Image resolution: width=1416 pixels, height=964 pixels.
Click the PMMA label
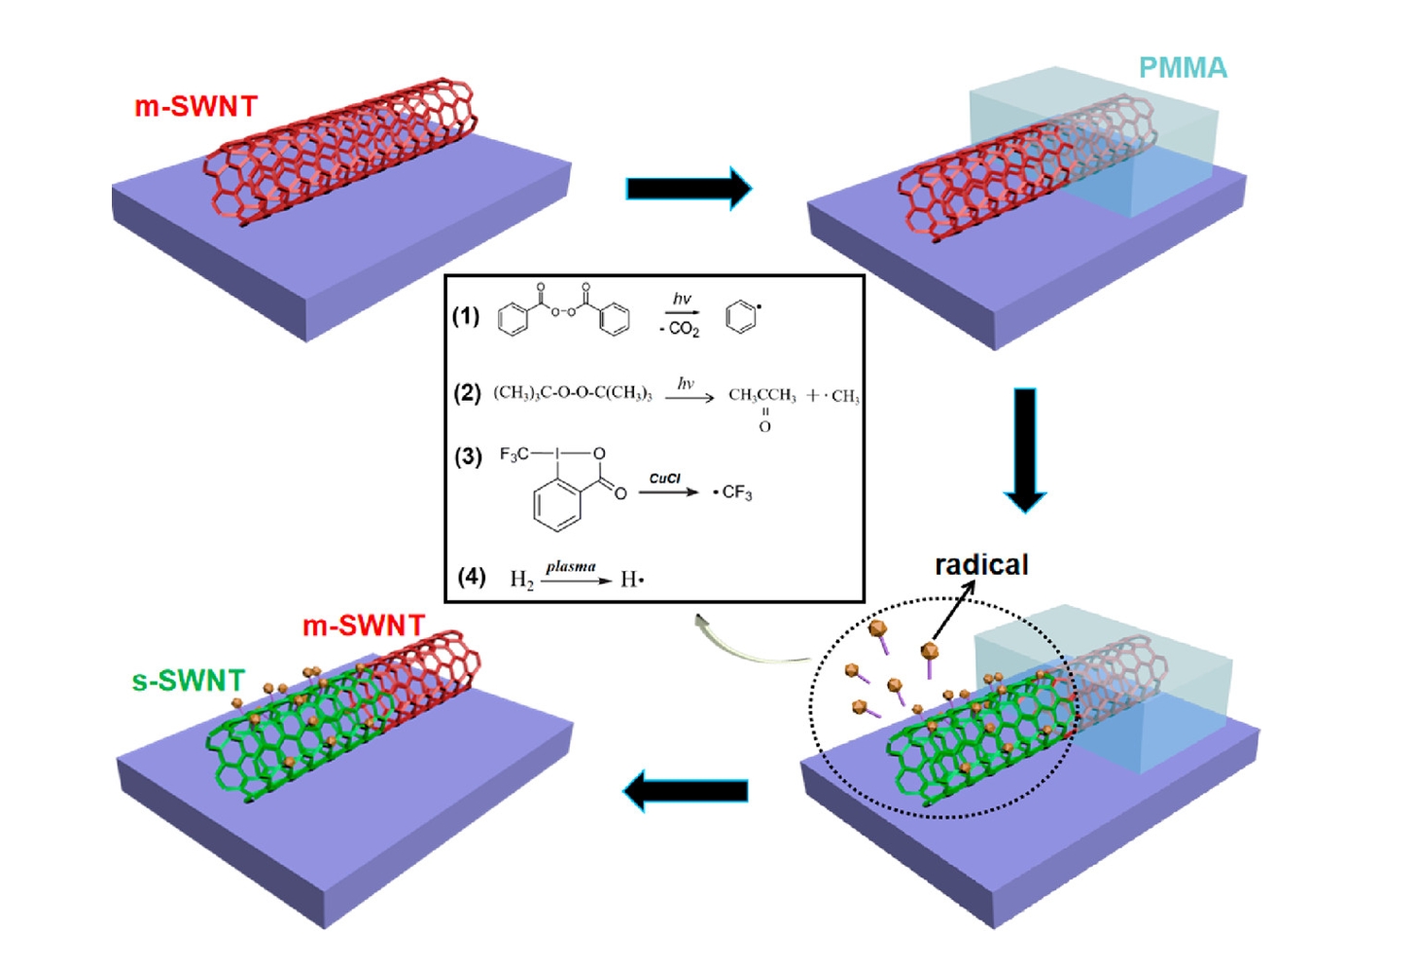pyautogui.click(x=1183, y=68)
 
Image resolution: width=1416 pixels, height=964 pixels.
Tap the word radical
pyautogui.click(x=980, y=565)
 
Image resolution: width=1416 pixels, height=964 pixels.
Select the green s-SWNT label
pyautogui.click(x=188, y=681)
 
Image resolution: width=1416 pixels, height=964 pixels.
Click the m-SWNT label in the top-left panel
pyautogui.click(x=195, y=106)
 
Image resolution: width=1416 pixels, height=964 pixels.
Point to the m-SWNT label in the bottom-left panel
pyautogui.click(x=363, y=625)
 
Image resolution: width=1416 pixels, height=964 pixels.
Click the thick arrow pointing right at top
pyautogui.click(x=689, y=188)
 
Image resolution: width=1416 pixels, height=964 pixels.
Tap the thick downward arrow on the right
pyautogui.click(x=1025, y=448)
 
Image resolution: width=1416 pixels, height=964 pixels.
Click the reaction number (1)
pyautogui.click(x=466, y=316)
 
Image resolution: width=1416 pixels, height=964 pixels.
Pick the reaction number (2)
pyautogui.click(x=467, y=393)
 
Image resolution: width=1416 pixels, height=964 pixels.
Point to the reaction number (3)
pyautogui.click(x=468, y=456)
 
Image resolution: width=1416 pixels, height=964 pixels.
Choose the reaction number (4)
pyautogui.click(x=472, y=577)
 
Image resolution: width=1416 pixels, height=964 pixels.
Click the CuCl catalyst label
pyautogui.click(x=665, y=479)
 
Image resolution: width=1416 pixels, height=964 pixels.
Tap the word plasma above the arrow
pyautogui.click(x=571, y=566)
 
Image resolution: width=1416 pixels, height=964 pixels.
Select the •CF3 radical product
pyautogui.click(x=733, y=493)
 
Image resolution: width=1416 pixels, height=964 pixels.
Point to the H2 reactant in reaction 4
pyautogui.click(x=521, y=581)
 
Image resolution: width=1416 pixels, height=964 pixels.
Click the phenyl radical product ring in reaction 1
pyautogui.click(x=741, y=317)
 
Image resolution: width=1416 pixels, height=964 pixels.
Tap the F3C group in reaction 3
pyautogui.click(x=513, y=454)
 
